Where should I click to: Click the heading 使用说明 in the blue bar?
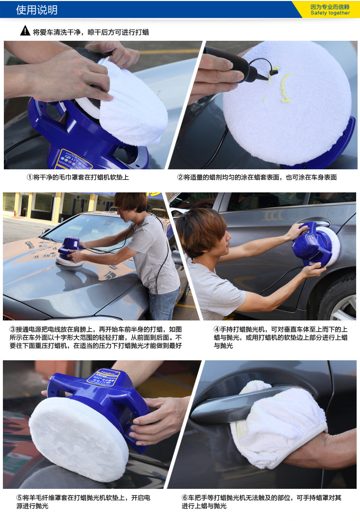click(36, 10)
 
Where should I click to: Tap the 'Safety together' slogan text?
click(330, 13)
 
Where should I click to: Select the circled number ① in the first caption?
click(29, 177)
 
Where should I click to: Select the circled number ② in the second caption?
click(180, 177)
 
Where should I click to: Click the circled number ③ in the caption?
click(12, 330)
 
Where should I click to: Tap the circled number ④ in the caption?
click(216, 330)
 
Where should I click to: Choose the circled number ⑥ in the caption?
click(185, 498)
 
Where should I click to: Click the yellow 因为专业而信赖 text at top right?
click(330, 7)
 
